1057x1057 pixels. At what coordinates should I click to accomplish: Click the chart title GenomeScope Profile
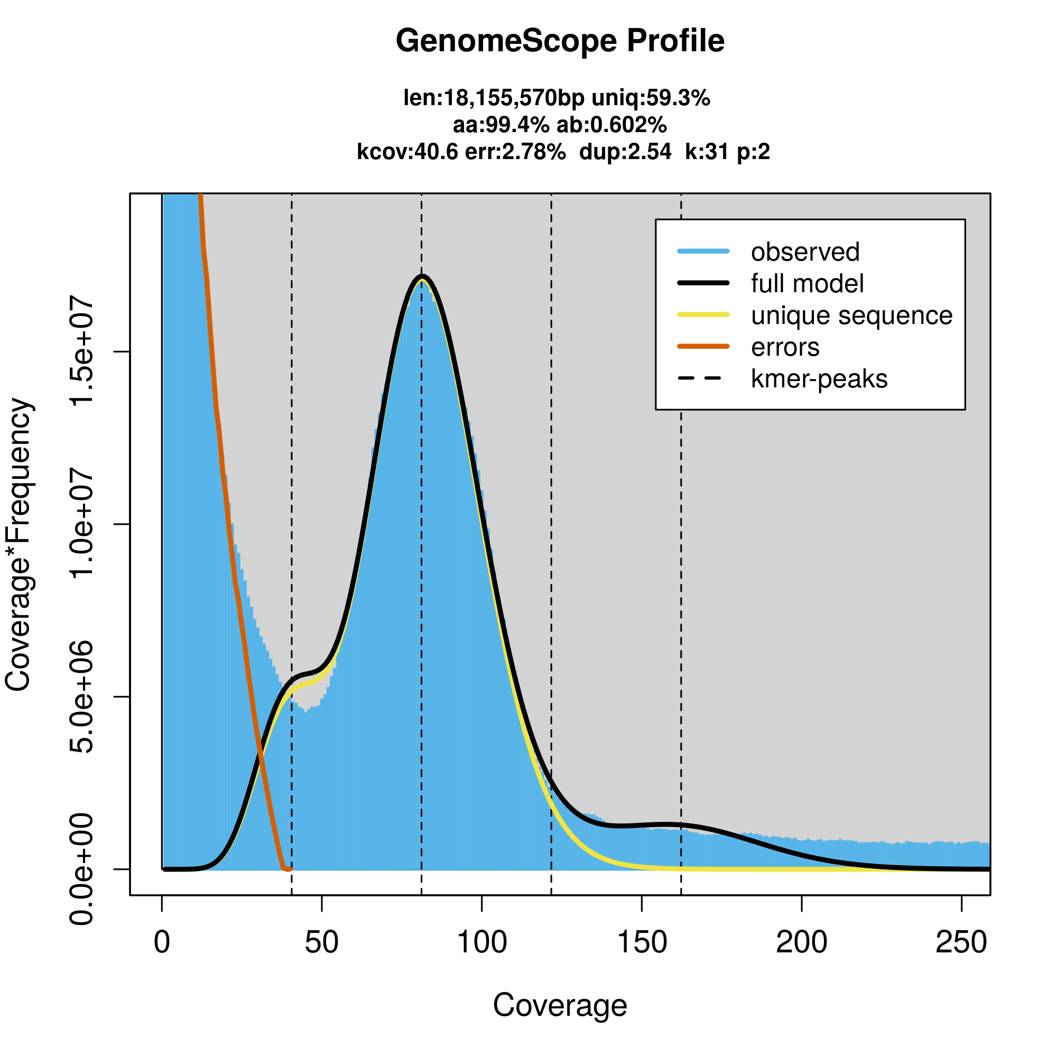click(560, 41)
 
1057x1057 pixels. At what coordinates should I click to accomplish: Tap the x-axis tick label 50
click(322, 942)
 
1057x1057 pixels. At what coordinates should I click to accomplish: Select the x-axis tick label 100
click(481, 942)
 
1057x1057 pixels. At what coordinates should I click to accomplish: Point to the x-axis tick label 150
click(642, 942)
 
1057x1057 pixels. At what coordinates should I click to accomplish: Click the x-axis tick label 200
click(802, 942)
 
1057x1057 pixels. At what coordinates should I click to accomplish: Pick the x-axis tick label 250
click(961, 942)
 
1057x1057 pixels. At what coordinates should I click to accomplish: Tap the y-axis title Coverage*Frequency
click(19, 544)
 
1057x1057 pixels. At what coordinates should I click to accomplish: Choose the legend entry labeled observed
click(805, 252)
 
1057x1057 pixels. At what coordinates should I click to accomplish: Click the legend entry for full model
click(807, 283)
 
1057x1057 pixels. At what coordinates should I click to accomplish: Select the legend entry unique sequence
click(851, 315)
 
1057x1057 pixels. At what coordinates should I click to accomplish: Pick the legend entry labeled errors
click(785, 347)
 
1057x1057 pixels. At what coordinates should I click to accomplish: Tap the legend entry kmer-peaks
click(819, 378)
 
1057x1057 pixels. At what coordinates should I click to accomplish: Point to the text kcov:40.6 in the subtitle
click(407, 152)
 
